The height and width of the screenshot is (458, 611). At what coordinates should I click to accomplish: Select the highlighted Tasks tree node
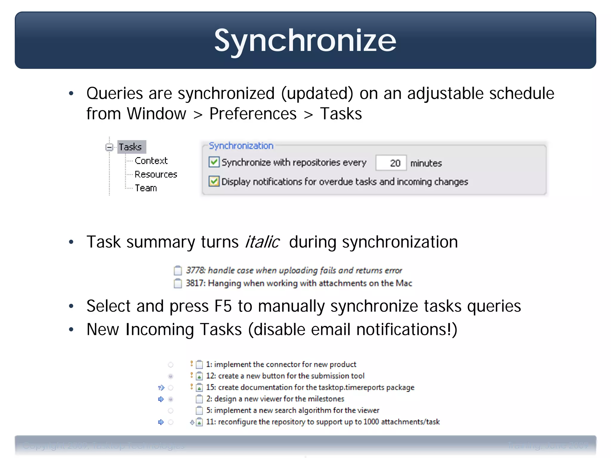click(x=131, y=147)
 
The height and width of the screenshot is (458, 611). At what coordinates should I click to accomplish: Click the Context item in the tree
click(x=151, y=161)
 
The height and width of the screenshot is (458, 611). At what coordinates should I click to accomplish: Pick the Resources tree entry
click(x=156, y=174)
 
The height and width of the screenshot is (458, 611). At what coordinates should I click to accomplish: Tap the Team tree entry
click(x=146, y=188)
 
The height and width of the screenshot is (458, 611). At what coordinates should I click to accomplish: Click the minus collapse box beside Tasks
click(x=109, y=147)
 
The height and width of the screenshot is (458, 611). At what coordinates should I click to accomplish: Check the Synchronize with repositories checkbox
click(x=214, y=162)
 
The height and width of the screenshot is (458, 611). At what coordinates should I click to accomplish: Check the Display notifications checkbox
click(x=214, y=181)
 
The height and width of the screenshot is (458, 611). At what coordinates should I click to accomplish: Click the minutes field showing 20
click(x=391, y=163)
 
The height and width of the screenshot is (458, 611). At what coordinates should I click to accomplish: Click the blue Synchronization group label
click(x=241, y=146)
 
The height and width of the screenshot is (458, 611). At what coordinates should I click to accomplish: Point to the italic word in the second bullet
click(x=262, y=242)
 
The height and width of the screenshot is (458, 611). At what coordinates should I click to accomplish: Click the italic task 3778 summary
click(x=294, y=270)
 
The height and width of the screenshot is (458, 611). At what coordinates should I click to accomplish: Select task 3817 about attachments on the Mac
click(x=299, y=283)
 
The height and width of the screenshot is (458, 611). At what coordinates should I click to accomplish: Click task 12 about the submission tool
click(x=285, y=376)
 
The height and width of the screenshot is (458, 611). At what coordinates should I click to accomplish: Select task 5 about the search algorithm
click(x=292, y=411)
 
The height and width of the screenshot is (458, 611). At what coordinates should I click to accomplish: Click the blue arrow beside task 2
click(x=161, y=399)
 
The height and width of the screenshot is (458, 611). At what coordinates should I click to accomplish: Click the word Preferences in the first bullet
click(x=253, y=114)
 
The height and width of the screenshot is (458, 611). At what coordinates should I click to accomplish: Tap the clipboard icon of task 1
click(x=199, y=365)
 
